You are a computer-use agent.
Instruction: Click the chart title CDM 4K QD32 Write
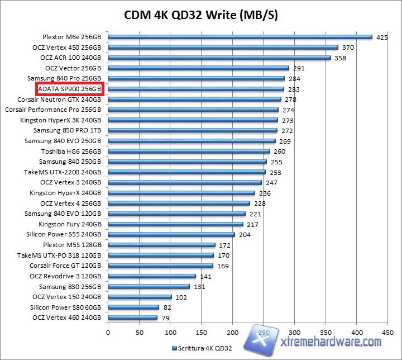pos(200,15)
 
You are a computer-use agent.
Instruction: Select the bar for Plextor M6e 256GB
pos(240,37)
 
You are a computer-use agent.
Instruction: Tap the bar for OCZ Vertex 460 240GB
pos(132,318)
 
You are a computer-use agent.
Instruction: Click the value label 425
pos(382,37)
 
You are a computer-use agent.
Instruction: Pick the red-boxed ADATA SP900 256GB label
pos(70,89)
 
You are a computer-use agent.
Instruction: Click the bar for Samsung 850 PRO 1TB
pos(192,131)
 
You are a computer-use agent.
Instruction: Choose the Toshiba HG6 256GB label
pos(71,151)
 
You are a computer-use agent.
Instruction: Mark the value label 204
pos(245,235)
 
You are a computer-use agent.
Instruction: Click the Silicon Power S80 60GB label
pos(66,307)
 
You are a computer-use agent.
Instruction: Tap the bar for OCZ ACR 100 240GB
pos(219,58)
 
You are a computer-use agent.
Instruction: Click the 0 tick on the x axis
pos(108,332)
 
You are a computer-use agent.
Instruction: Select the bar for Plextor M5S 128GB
pos(161,245)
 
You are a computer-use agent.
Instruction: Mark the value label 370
pos(348,48)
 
